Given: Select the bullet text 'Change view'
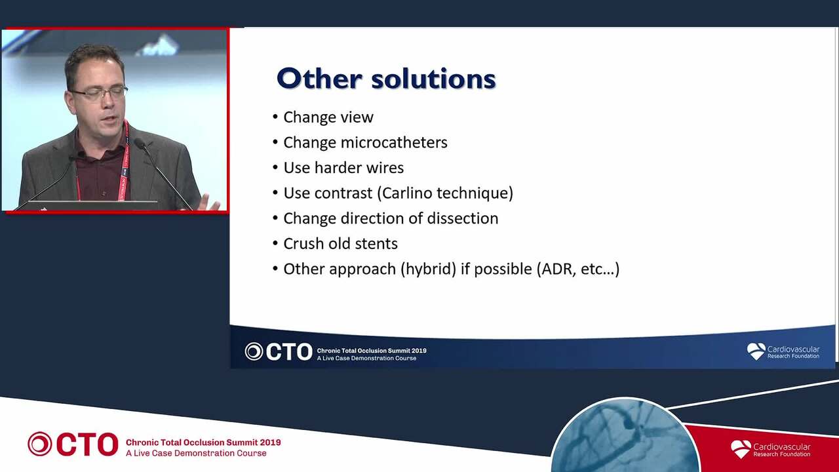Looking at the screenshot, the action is [328, 117].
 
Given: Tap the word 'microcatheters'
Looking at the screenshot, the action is [394, 142].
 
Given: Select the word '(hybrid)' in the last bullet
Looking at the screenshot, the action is [429, 269].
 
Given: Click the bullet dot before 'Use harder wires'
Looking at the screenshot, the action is [275, 167].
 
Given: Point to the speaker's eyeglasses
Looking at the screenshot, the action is [100, 93].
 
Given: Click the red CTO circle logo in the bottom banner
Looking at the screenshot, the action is [39, 444].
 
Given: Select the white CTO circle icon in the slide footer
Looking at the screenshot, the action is [254, 351].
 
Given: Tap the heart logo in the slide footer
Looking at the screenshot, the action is [756, 351].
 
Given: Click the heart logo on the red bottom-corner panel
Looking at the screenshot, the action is [741, 449].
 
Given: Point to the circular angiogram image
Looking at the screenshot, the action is [625, 437].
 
